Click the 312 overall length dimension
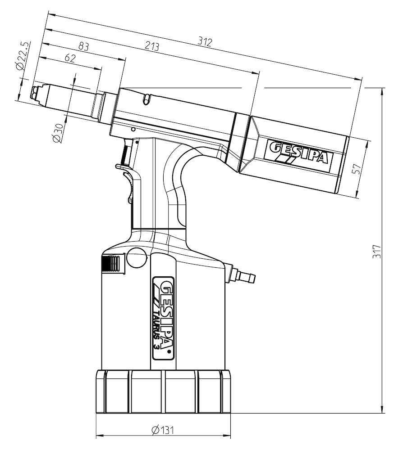coord(204,41)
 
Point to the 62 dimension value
coord(69,58)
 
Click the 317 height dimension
coord(376,251)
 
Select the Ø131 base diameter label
coord(163,430)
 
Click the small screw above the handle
coord(133,129)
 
